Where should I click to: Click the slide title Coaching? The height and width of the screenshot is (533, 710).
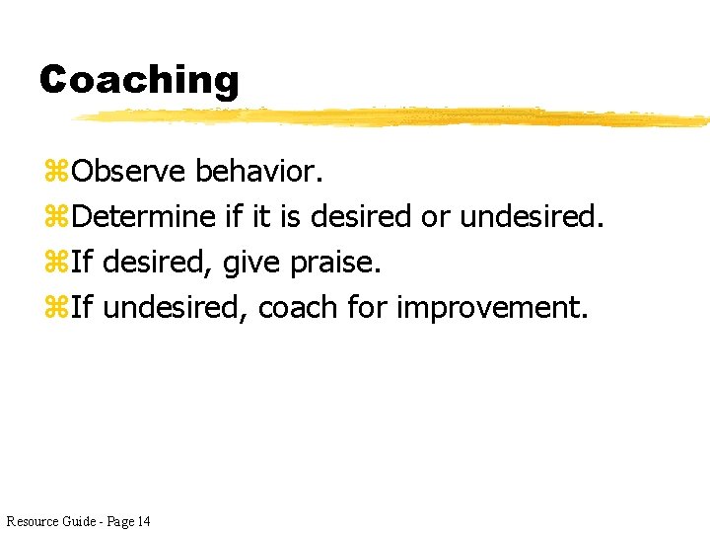click(x=139, y=79)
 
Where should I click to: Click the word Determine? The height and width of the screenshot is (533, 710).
click(x=144, y=216)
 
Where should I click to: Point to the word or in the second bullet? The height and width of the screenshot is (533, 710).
click(x=435, y=216)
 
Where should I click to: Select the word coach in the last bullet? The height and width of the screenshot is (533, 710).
click(x=299, y=307)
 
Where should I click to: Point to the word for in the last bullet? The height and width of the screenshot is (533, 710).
click(x=368, y=307)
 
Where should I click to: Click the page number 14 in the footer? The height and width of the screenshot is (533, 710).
click(x=144, y=520)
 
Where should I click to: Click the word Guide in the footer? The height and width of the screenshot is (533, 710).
click(x=78, y=520)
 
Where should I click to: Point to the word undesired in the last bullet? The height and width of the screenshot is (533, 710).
click(x=175, y=307)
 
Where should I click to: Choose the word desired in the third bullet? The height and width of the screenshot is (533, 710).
click(x=157, y=263)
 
